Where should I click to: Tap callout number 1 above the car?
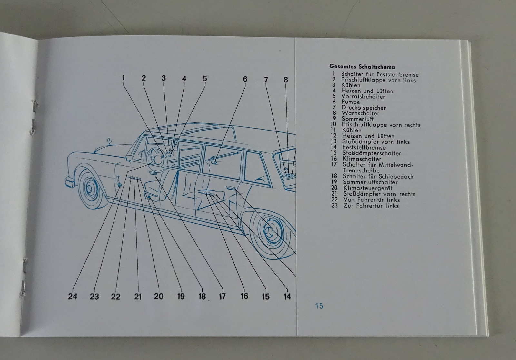pyautogui.click(x=123, y=78)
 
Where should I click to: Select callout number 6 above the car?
pyautogui.click(x=245, y=79)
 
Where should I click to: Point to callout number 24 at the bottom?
pyautogui.click(x=73, y=296)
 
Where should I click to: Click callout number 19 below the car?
pyautogui.click(x=181, y=296)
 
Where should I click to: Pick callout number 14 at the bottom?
pyautogui.click(x=287, y=297)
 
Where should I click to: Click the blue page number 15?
pyautogui.click(x=319, y=306)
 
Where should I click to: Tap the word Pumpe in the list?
pyautogui.click(x=351, y=102)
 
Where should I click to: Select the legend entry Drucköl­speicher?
pyautogui.click(x=364, y=108)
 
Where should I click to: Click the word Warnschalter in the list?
pyautogui.click(x=361, y=113)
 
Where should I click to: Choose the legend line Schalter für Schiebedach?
pyautogui.click(x=378, y=176)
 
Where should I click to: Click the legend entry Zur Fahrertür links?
pyautogui.click(x=371, y=206)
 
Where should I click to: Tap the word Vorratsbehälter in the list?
pyautogui.click(x=363, y=96)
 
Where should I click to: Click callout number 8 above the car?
pyautogui.click(x=286, y=80)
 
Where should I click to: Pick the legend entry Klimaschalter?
pyautogui.click(x=362, y=159)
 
